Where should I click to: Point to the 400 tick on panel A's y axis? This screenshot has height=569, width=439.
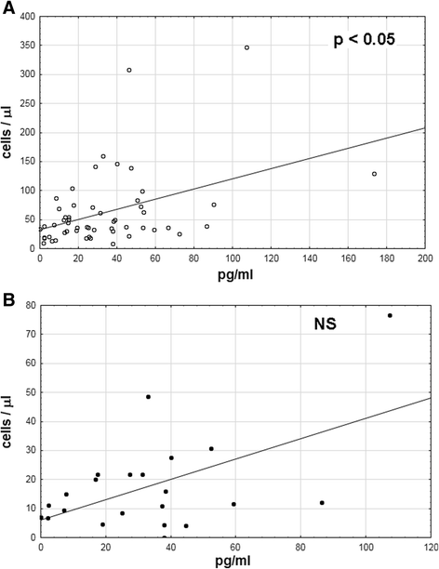pos(27,18)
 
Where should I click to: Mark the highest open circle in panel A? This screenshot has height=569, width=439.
pos(246,47)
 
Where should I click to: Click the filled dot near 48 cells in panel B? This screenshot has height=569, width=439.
pos(148,397)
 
